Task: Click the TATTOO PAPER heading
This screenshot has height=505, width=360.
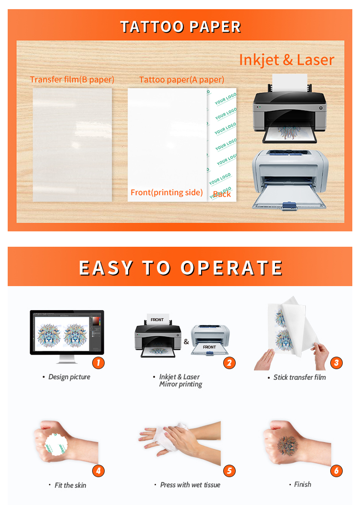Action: (180, 26)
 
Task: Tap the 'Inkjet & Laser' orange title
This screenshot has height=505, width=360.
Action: (286, 60)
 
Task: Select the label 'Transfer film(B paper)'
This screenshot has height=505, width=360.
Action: (72, 79)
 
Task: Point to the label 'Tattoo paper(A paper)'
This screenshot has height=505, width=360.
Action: (181, 80)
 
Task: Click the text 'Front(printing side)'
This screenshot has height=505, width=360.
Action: (167, 192)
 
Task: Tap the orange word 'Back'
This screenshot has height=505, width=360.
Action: (222, 193)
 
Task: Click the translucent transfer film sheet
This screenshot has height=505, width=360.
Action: (72, 144)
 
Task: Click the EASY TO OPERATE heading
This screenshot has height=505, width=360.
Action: (180, 267)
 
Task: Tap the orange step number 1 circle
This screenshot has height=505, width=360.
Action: (98, 362)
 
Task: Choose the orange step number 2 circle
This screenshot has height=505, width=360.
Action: (229, 362)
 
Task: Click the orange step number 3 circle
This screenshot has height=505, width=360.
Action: (336, 362)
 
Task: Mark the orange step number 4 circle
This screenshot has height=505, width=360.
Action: (98, 471)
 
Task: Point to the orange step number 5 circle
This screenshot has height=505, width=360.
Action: (229, 471)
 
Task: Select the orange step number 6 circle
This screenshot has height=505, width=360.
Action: (336, 471)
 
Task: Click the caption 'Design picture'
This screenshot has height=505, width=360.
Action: (69, 377)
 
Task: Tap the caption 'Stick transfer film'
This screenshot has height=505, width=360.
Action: (300, 377)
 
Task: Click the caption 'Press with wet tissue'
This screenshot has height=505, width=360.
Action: (190, 485)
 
